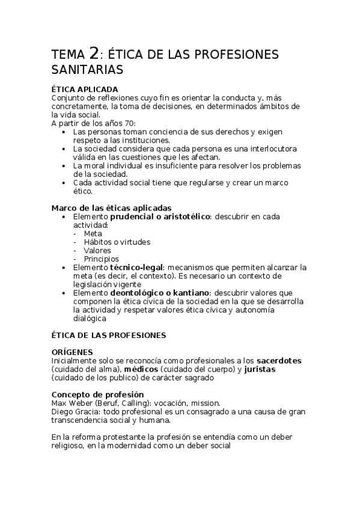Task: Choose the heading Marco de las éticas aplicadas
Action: click(111, 207)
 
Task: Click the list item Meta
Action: click(93, 233)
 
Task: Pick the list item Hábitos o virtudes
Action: click(117, 241)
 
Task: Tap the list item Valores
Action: click(97, 250)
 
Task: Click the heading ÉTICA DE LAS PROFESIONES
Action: click(109, 334)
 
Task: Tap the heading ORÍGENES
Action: click(72, 352)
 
